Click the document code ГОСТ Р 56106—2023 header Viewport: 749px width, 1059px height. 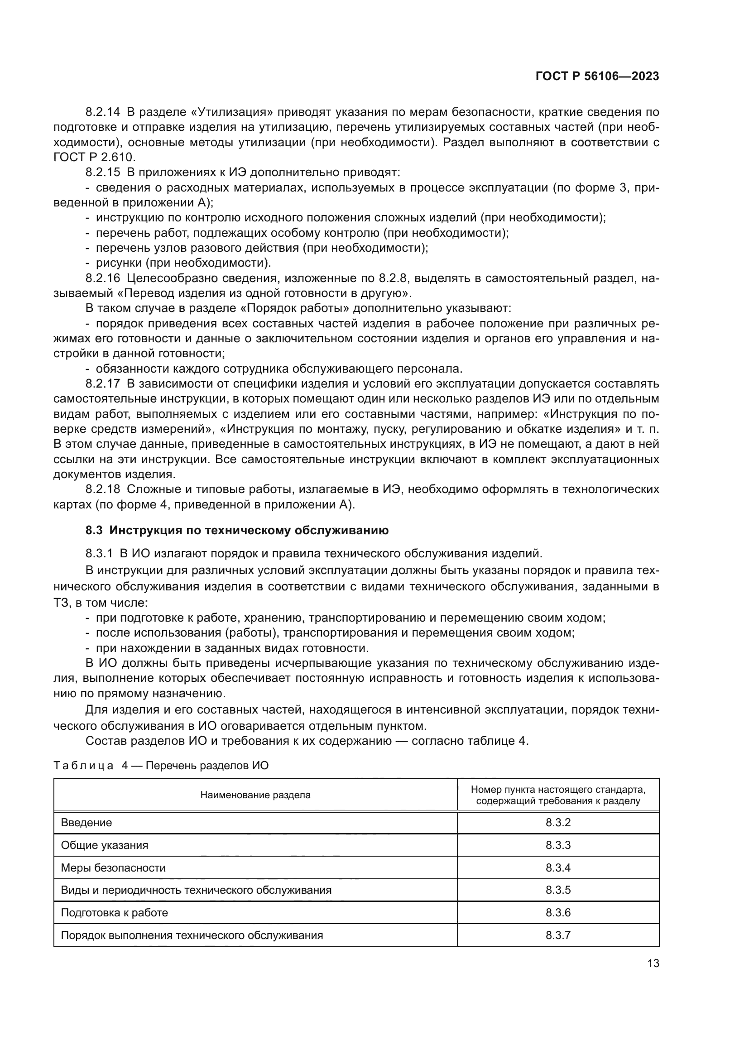click(x=597, y=77)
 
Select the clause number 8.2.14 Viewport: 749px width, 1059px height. click(x=102, y=112)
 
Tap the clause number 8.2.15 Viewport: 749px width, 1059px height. click(x=102, y=173)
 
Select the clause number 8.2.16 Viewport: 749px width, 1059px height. click(x=102, y=278)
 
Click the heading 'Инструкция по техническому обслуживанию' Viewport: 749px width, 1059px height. click(x=249, y=531)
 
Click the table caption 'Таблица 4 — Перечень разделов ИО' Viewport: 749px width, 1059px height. click(x=161, y=766)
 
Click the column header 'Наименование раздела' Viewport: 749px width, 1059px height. click(x=255, y=795)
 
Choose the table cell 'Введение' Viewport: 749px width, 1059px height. click(x=86, y=822)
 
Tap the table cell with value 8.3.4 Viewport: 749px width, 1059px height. click(x=557, y=867)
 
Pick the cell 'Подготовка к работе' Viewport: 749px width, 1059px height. click(x=115, y=912)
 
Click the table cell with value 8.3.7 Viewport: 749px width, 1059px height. click(x=557, y=935)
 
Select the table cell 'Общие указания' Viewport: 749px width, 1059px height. click(x=105, y=845)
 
